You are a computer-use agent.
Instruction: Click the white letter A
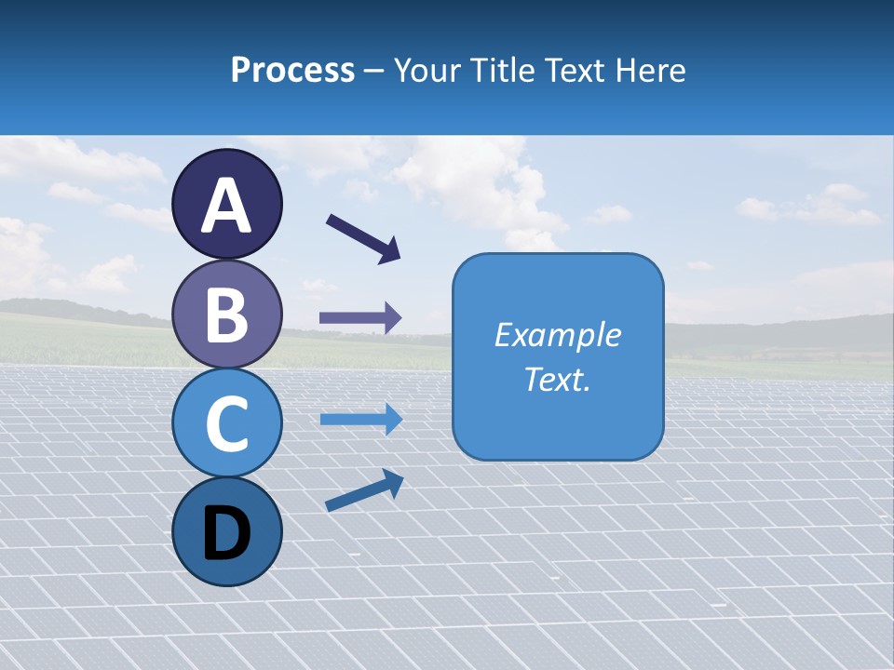[x=227, y=206]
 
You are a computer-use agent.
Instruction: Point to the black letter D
[x=227, y=534]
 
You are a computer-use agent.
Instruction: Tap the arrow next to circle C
[x=360, y=420]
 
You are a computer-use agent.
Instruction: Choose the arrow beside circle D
[x=364, y=490]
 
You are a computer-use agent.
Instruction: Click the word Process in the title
[x=292, y=71]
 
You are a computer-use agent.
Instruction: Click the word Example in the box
[x=557, y=335]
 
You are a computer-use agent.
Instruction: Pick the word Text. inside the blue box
[x=557, y=379]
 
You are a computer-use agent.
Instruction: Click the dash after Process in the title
[x=374, y=71]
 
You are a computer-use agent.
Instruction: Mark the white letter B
[x=227, y=315]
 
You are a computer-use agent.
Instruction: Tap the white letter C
[x=227, y=423]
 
